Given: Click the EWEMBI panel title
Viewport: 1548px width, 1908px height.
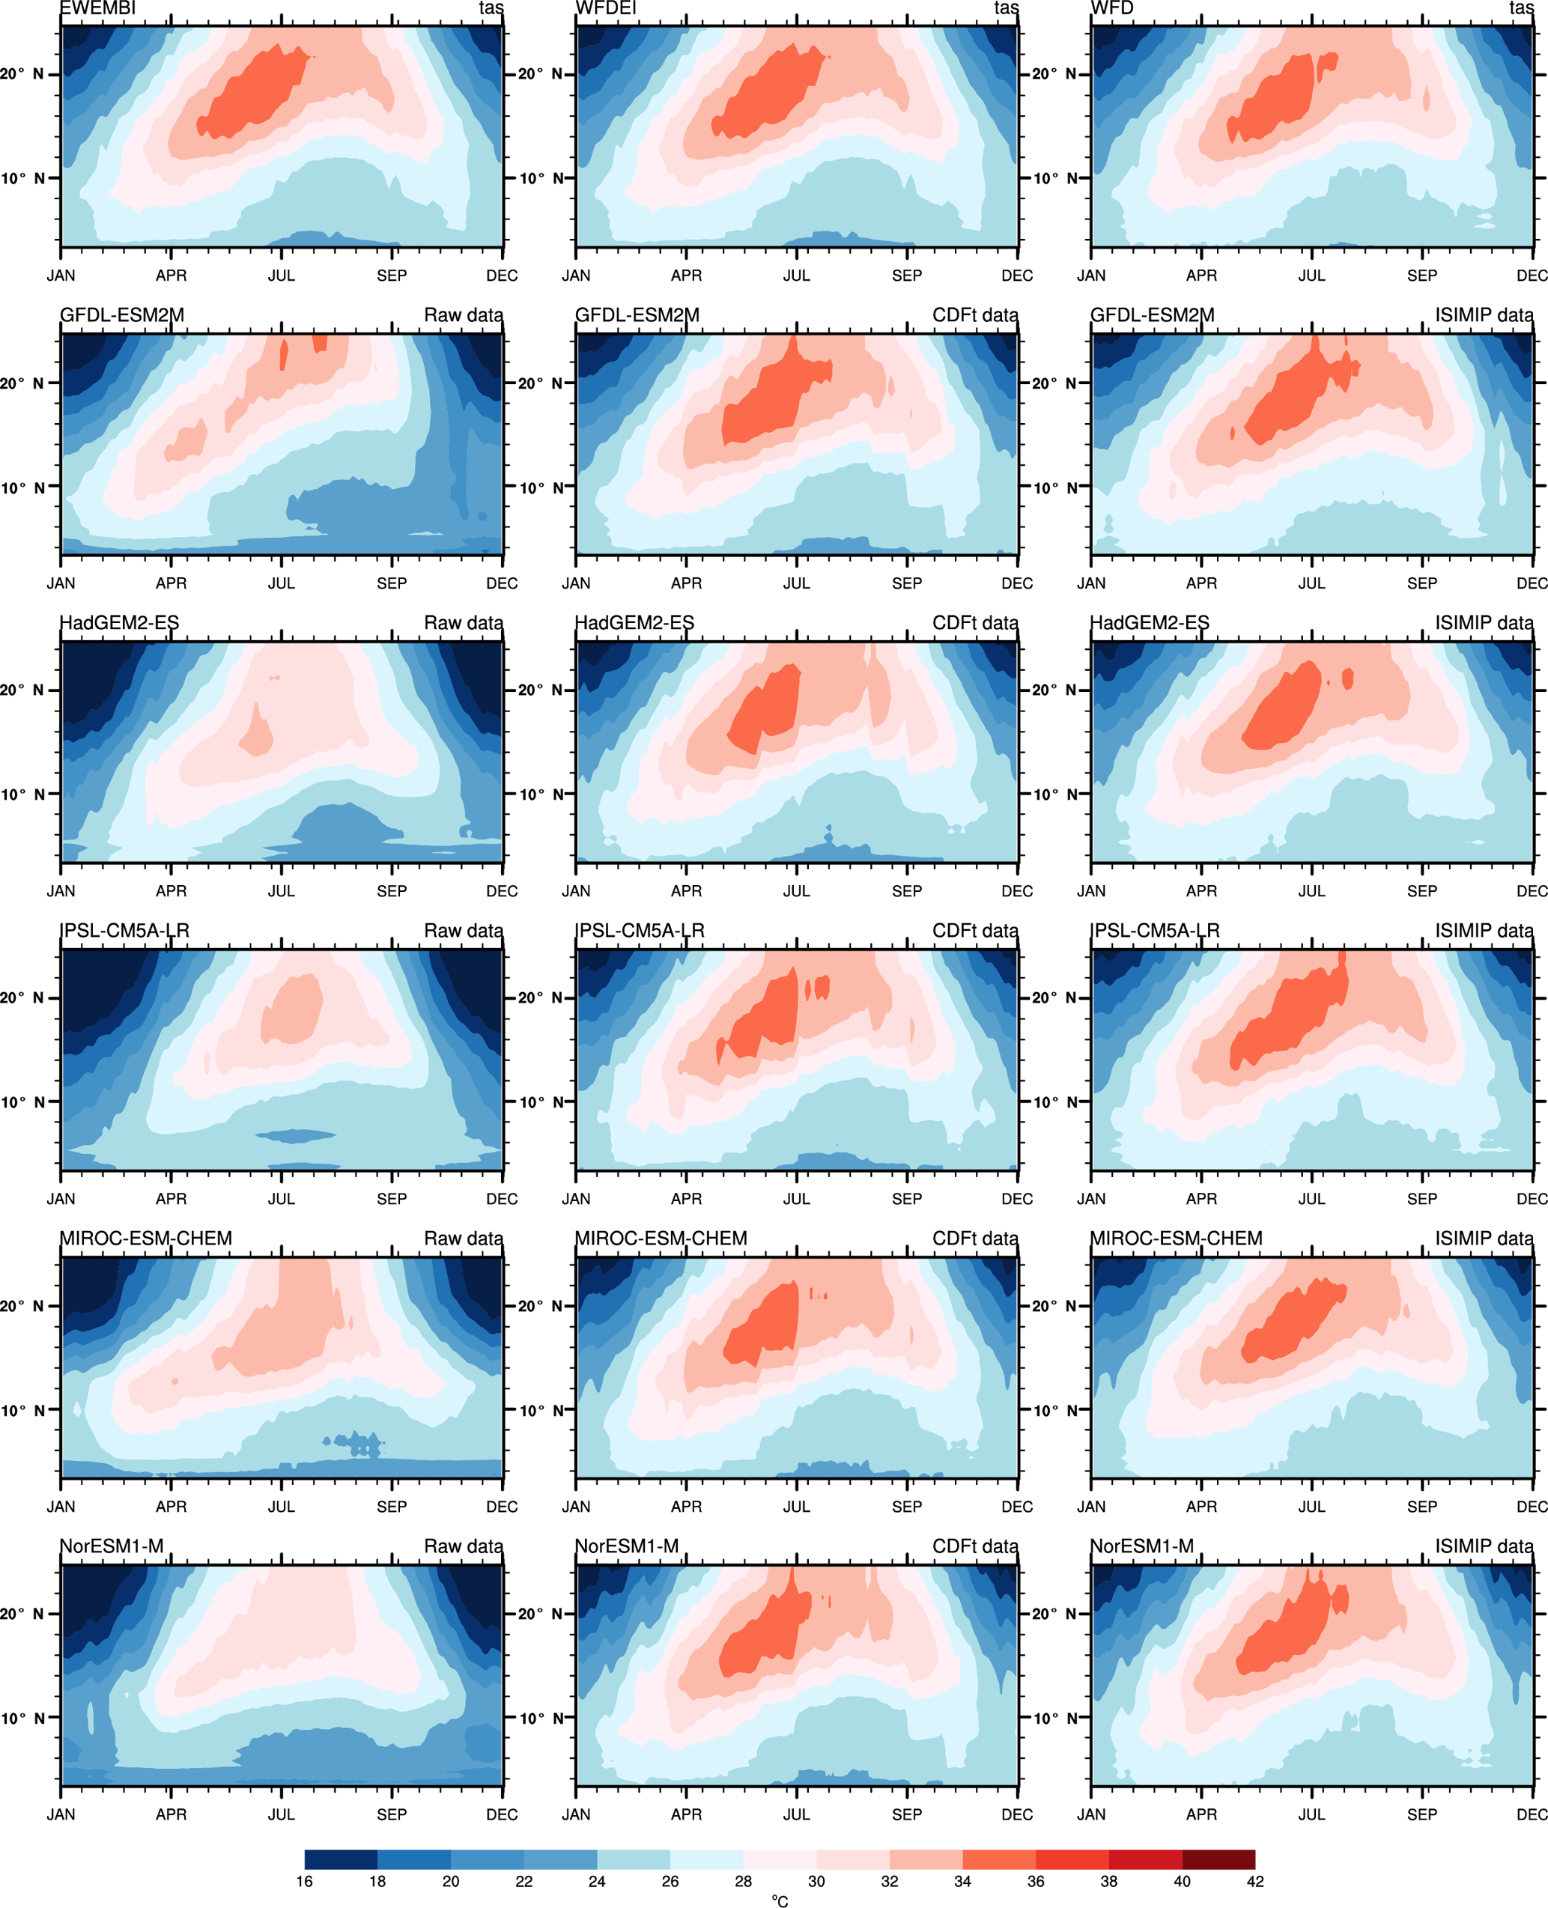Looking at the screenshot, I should pos(97,9).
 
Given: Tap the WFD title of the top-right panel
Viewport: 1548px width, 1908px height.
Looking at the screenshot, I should pos(1112,9).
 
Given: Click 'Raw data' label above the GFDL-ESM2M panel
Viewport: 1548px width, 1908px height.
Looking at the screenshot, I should pos(463,315).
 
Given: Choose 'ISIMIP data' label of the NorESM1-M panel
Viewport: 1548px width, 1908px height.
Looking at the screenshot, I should pos(1484,1547).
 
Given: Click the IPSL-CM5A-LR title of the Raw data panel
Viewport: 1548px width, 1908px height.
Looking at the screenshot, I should pos(124,931).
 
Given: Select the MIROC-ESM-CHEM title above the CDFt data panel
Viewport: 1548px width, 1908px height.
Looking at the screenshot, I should pos(661,1239).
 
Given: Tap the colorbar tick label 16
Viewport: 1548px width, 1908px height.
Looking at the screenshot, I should pos(304,1881).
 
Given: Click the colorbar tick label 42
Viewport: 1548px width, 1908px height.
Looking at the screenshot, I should pos(1254,1881).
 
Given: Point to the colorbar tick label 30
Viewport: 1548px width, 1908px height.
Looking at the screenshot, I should pos(816,1881).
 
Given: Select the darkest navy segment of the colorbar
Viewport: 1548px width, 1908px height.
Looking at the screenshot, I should pos(341,1859).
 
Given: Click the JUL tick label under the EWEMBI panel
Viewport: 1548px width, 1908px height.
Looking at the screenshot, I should pos(281,276).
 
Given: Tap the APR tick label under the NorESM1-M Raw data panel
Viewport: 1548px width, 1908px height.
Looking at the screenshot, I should pos(172,1814).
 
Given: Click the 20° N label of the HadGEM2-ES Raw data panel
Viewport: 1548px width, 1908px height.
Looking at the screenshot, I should pos(22,690).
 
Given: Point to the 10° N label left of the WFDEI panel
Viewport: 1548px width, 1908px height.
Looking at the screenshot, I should pos(541,178).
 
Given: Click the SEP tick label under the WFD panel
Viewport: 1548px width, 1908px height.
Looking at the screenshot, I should pos(1421,276).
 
